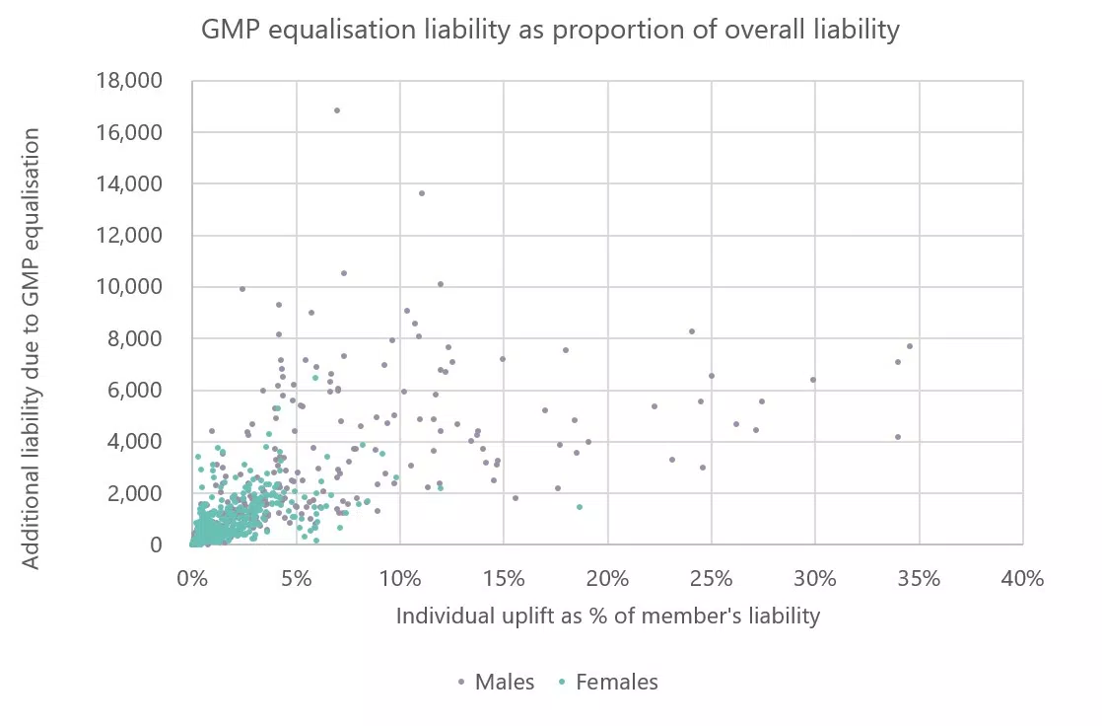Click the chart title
pyautogui.click(x=550, y=31)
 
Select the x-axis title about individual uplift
pyautogui.click(x=607, y=617)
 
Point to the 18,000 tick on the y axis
pyautogui.click(x=129, y=81)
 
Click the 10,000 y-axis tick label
pyautogui.click(x=129, y=287)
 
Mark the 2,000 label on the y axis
pyautogui.click(x=135, y=493)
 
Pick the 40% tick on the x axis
pyautogui.click(x=1022, y=578)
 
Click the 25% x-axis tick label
pyautogui.click(x=712, y=578)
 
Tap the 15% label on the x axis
pyautogui.click(x=504, y=578)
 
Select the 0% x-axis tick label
pyautogui.click(x=192, y=578)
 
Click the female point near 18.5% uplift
pyautogui.click(x=580, y=507)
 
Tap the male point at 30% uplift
pyautogui.click(x=813, y=380)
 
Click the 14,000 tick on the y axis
pyautogui.click(x=129, y=184)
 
